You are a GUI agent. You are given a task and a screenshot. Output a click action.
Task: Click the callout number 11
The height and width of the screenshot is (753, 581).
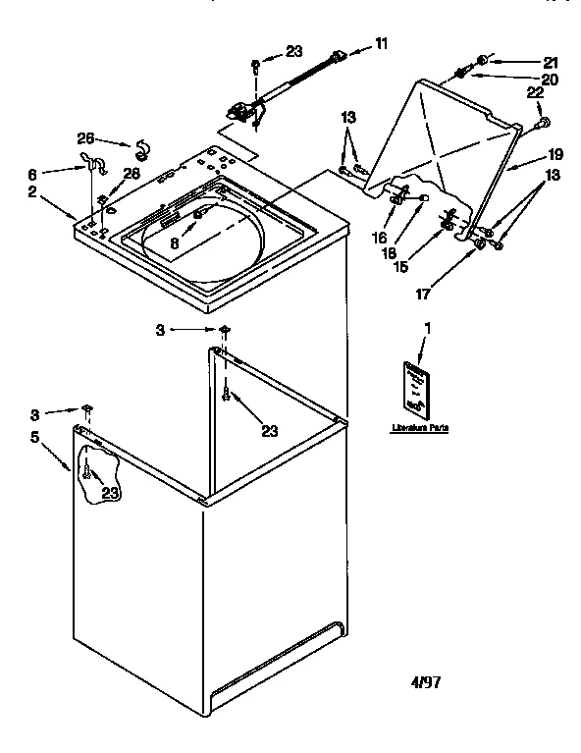382,44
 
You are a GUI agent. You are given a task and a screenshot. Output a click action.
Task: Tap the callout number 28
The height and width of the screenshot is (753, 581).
132,174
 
